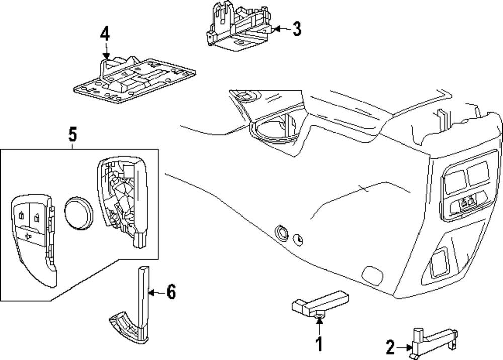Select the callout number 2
[390, 347]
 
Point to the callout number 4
[104, 34]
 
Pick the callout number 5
[72, 135]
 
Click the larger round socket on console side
[280, 232]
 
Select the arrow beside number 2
[403, 347]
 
